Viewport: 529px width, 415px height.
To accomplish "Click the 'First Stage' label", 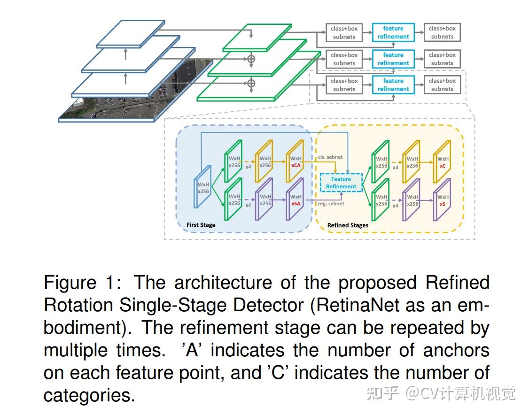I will point(201,225).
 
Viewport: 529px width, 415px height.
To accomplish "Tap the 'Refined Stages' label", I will point(348,225).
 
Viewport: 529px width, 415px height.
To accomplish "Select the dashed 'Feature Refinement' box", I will point(341,183).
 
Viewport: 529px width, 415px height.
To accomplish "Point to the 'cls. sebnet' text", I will point(330,157).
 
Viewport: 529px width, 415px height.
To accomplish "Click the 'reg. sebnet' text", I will point(331,203).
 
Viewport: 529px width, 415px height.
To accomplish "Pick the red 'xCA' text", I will point(296,166).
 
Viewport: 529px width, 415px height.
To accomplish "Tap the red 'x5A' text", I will point(296,204).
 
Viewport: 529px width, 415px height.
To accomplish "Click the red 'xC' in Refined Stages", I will point(443,166).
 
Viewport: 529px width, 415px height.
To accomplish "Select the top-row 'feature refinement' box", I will point(393,32).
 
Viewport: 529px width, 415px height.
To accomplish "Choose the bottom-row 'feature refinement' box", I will point(393,85).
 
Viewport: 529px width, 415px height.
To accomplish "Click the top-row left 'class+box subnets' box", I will point(344,32).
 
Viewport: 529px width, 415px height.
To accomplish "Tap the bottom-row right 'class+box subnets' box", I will point(442,85).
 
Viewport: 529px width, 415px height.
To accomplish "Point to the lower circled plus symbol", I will point(251,83).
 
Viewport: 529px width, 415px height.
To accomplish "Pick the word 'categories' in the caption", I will point(89,395).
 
